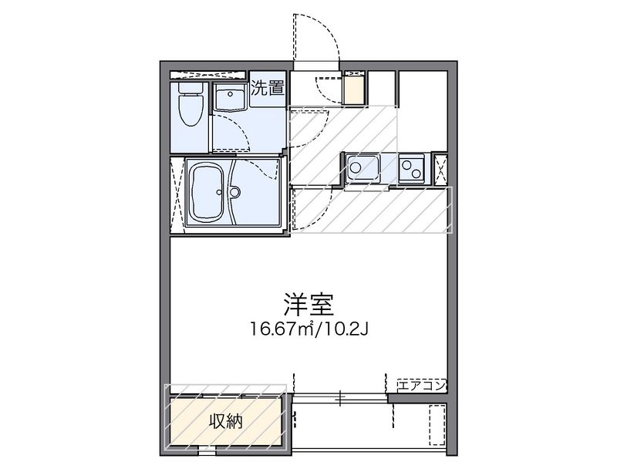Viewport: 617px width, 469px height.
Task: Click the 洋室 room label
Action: pyautogui.click(x=308, y=305)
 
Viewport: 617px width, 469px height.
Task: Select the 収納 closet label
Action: pyautogui.click(x=225, y=422)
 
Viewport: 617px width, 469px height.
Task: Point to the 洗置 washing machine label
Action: pyautogui.click(x=268, y=88)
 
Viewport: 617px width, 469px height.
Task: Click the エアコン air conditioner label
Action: pyautogui.click(x=421, y=386)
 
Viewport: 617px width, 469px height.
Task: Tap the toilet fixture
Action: pyautogui.click(x=190, y=103)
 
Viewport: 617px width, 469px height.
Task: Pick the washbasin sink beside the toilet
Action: pyautogui.click(x=230, y=96)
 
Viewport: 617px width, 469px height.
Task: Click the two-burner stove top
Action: pyautogui.click(x=412, y=168)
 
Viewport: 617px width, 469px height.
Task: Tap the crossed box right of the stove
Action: pyautogui.click(x=440, y=170)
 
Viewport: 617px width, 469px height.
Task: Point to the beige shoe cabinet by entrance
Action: pyautogui.click(x=354, y=89)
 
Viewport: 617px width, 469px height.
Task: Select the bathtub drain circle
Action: pyautogui.click(x=219, y=192)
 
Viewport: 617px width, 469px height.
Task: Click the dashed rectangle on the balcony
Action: pyautogui.click(x=437, y=425)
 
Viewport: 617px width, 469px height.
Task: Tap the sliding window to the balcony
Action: pyautogui.click(x=340, y=397)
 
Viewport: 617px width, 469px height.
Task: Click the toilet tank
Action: pyautogui.click(x=190, y=88)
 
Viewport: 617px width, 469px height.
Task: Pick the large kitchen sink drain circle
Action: pyautogui.click(x=356, y=167)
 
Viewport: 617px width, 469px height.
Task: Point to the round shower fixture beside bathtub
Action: pyautogui.click(x=234, y=192)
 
